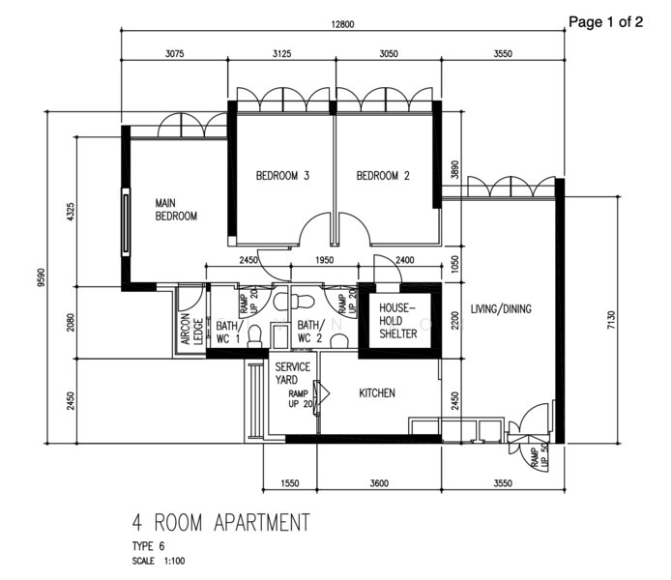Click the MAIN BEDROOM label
pyautogui.click(x=176, y=210)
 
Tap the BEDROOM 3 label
pyautogui.click(x=282, y=176)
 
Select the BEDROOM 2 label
pyautogui.click(x=383, y=176)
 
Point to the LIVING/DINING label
pyautogui.click(x=501, y=308)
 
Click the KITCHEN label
pyautogui.click(x=377, y=393)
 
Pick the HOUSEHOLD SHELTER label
pyautogui.click(x=398, y=321)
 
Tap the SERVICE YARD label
pyautogui.click(x=293, y=373)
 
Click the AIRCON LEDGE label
pyautogui.click(x=191, y=330)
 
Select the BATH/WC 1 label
pyautogui.click(x=228, y=332)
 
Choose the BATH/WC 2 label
pyautogui.click(x=310, y=332)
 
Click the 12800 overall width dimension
pyautogui.click(x=343, y=24)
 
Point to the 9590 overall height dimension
pyautogui.click(x=41, y=277)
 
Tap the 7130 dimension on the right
pyautogui.click(x=611, y=320)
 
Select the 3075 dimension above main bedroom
pyautogui.click(x=175, y=54)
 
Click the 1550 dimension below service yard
pyautogui.click(x=290, y=483)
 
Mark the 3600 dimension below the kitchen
pyautogui.click(x=379, y=483)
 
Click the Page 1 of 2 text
pyautogui.click(x=605, y=22)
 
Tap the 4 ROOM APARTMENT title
pyautogui.click(x=220, y=522)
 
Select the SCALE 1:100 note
pyautogui.click(x=159, y=561)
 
